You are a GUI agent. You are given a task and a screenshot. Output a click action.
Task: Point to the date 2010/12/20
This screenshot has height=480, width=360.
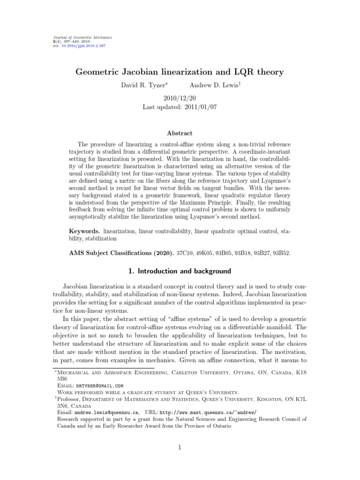point(180,98)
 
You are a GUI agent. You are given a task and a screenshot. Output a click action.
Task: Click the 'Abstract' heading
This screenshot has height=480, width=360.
point(180,134)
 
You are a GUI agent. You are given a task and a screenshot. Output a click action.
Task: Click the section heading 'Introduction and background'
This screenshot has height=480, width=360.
point(187,272)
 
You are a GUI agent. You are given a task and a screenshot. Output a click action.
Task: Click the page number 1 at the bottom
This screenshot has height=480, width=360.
point(180,448)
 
